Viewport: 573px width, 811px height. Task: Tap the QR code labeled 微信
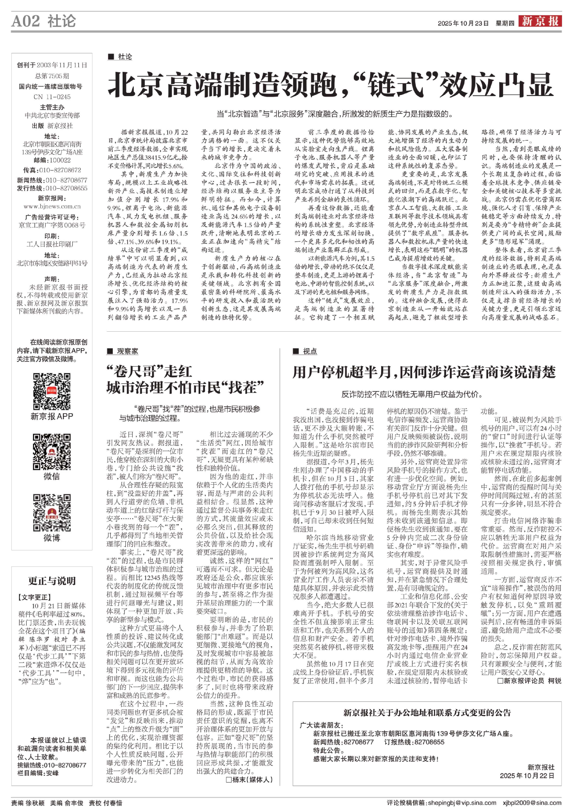[52, 452]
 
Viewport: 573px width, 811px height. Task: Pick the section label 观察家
[127, 351]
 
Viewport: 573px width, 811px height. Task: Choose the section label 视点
[310, 351]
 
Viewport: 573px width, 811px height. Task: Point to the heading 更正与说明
[52, 581]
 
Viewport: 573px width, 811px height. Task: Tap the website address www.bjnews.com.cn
[52, 207]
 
